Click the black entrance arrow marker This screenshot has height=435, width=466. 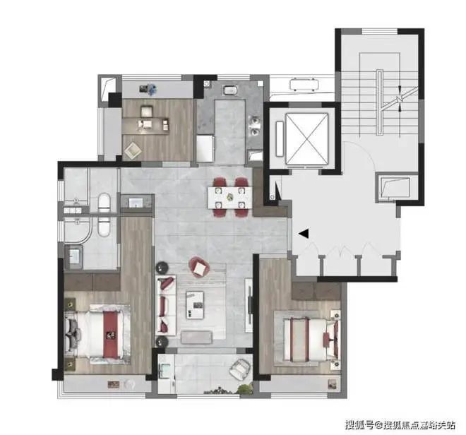(303, 234)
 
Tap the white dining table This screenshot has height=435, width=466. (231, 194)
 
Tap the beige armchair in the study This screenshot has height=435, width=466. (133, 150)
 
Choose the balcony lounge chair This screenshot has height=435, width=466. (241, 369)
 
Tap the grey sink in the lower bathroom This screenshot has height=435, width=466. (73, 258)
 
